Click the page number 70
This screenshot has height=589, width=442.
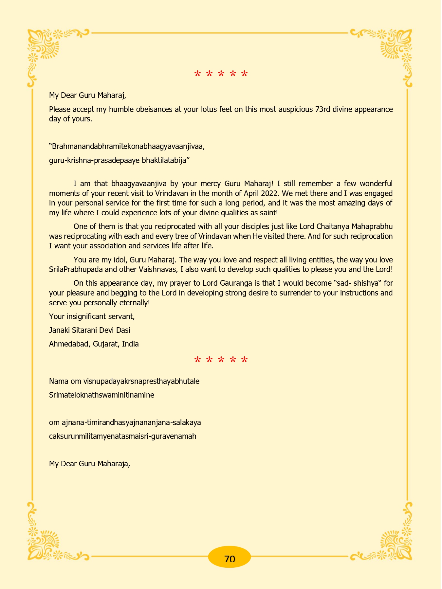(230, 559)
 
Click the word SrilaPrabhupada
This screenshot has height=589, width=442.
(78, 270)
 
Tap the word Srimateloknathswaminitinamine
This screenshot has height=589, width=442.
(101, 395)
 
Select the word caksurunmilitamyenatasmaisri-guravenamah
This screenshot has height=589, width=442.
(122, 436)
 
